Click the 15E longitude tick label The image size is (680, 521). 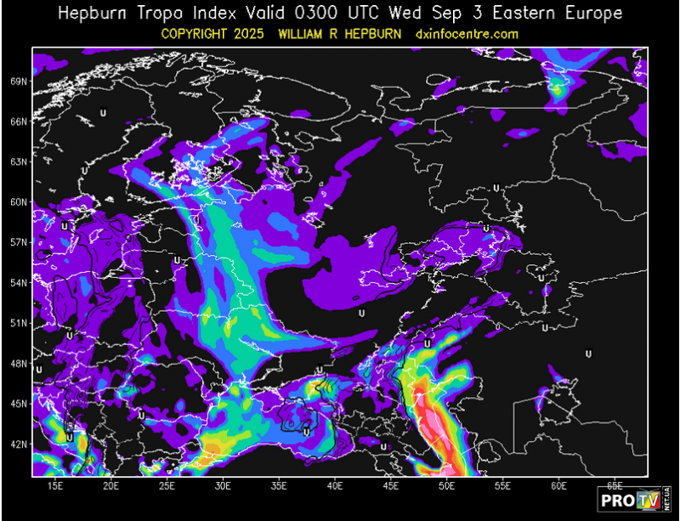coord(56,485)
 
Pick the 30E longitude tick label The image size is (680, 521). coord(224,485)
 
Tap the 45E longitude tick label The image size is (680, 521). coord(392,485)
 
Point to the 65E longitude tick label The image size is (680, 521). coord(615,485)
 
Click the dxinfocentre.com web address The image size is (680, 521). coord(467,34)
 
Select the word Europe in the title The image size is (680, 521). coord(592,14)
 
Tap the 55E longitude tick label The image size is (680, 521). coord(503,485)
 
